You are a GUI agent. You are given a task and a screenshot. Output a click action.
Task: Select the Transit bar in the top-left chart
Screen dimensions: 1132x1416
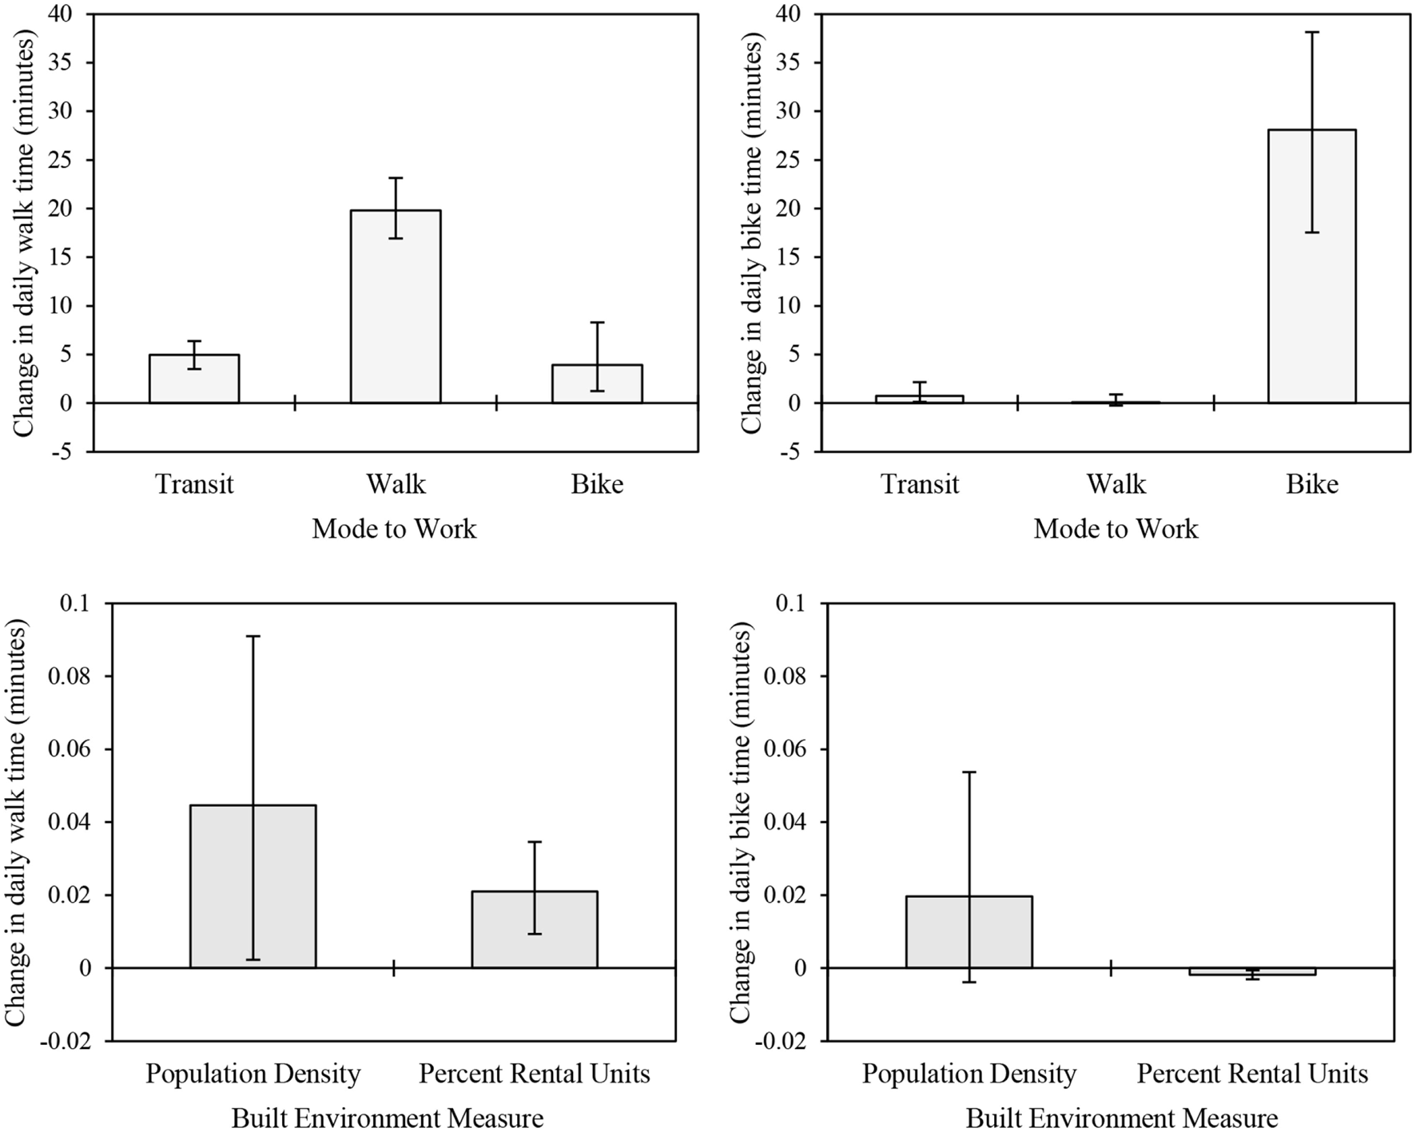coord(194,379)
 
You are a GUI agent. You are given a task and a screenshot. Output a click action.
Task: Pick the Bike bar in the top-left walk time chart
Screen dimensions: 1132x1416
coord(597,384)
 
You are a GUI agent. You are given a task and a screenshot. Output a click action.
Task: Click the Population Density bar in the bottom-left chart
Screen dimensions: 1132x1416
coord(253,886)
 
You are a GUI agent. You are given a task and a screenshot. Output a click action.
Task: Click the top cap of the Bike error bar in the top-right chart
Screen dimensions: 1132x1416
coord(1311,32)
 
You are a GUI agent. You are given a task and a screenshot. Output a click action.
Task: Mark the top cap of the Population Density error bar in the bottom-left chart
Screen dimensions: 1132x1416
coord(253,636)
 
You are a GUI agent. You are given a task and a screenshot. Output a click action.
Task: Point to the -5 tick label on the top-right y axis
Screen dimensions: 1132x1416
coord(793,452)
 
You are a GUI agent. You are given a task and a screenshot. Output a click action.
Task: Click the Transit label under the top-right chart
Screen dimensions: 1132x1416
coord(919,484)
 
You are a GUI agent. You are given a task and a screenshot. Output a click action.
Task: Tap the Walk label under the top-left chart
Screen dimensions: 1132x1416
coord(396,484)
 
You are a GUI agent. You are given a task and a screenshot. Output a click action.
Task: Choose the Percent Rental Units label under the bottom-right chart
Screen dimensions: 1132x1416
coord(1252,1074)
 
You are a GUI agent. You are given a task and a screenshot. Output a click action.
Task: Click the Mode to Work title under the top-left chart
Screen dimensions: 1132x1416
coord(394,529)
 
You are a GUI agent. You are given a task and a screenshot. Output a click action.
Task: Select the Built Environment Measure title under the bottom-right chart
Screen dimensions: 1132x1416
coord(1121,1118)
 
